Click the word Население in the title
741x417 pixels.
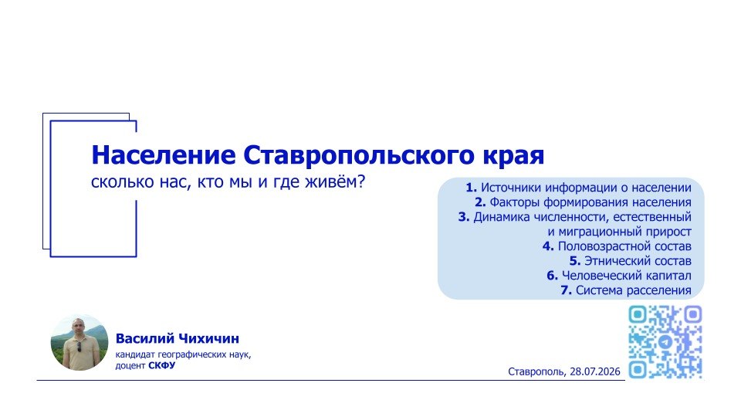163,154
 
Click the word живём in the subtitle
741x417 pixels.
331,181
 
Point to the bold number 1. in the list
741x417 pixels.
471,188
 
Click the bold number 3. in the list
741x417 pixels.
464,217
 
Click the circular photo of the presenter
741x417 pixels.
80,342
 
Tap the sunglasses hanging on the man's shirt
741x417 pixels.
80,347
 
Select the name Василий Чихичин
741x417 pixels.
178,338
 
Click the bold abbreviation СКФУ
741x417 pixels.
161,365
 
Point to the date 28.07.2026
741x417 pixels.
595,371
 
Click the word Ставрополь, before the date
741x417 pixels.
537,372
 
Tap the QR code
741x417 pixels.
665,342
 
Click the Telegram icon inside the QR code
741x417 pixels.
665,342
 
